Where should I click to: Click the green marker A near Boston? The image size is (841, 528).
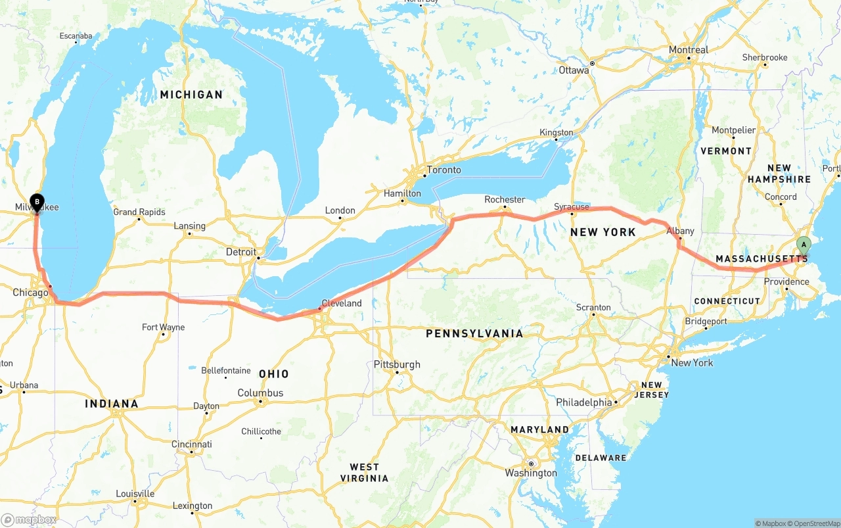point(803,247)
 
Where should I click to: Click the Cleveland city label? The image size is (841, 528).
point(341,303)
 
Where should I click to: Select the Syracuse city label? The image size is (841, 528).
point(571,206)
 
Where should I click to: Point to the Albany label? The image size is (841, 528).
point(680,231)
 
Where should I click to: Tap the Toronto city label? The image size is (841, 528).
point(443,170)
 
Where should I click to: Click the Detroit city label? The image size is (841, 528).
point(241,252)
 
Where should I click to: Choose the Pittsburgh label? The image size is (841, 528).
point(397,364)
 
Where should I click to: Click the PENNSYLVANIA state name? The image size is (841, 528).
point(474,333)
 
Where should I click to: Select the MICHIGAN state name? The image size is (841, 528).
point(191,95)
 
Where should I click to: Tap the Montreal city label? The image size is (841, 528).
point(689,50)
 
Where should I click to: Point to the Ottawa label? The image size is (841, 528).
point(574,70)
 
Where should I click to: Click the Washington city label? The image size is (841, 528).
point(531,473)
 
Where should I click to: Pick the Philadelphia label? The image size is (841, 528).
point(583,402)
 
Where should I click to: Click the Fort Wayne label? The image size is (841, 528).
point(163,327)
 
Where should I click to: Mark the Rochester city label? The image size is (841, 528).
point(505,199)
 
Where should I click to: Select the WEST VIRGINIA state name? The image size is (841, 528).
point(364,472)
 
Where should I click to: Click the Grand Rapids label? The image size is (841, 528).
point(139,212)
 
